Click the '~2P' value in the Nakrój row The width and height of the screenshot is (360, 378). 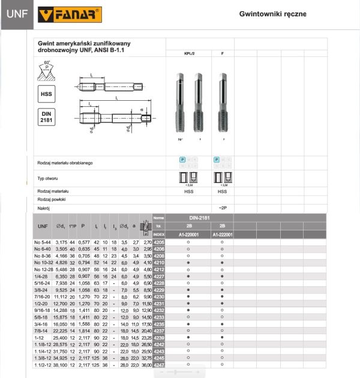[223, 208]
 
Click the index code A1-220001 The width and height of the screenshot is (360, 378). [188, 235]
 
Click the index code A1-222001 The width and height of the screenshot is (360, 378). [223, 235]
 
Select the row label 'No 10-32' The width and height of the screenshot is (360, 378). [44, 262]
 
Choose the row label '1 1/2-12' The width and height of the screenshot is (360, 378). [44, 365]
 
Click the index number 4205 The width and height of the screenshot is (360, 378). [159, 242]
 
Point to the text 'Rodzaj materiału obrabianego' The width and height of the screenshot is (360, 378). [65, 163]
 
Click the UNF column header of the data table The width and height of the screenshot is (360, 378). [43, 226]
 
